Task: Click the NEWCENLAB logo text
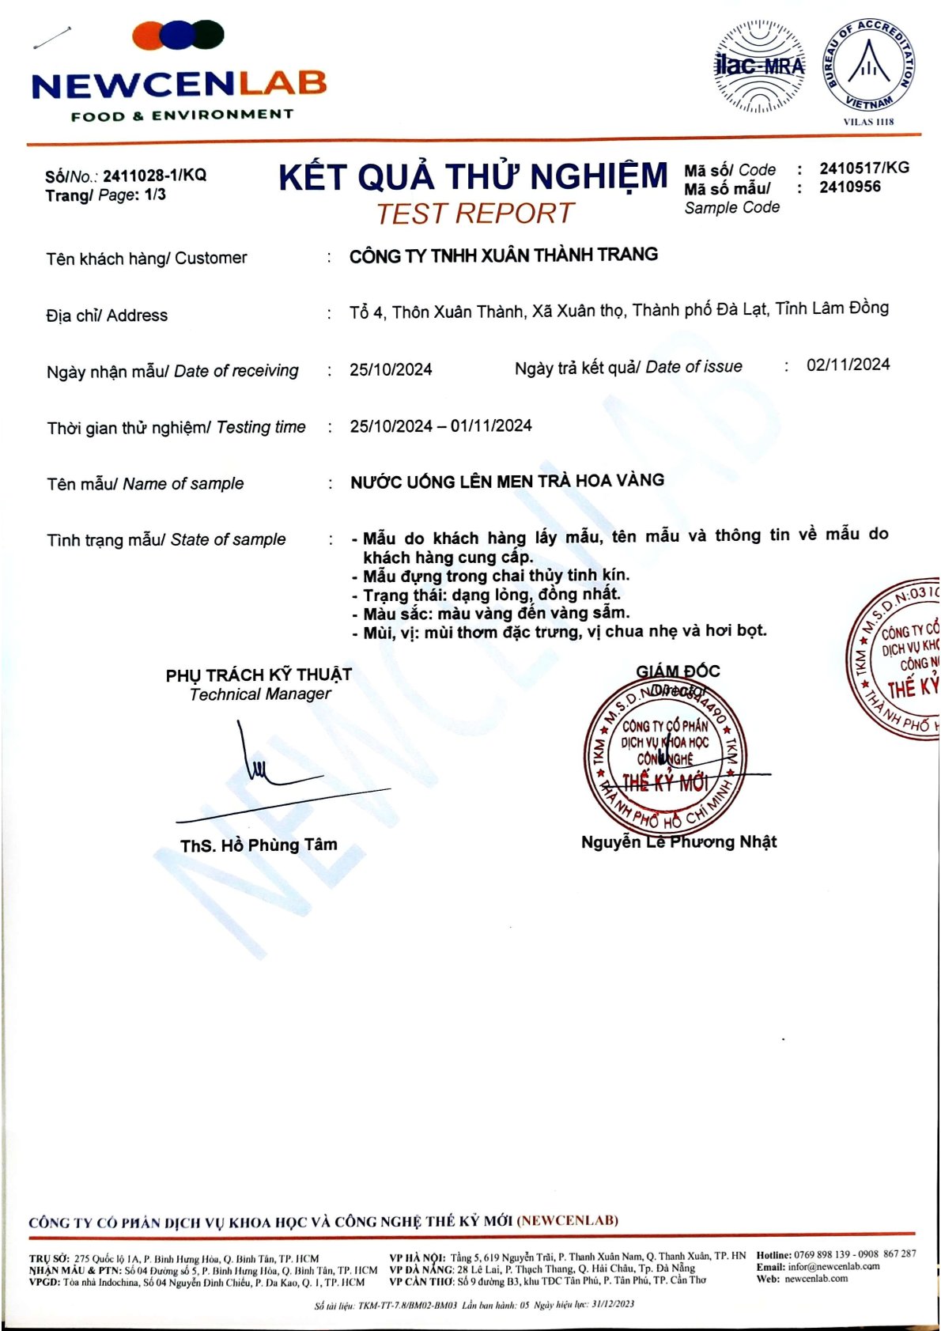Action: coord(179,84)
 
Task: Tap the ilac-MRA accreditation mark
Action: coord(759,66)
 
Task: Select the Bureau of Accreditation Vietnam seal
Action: coord(868,66)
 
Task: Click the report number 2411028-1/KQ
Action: coord(154,176)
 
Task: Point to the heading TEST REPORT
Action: coord(474,214)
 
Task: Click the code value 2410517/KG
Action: coord(864,168)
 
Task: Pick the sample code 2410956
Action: coord(850,187)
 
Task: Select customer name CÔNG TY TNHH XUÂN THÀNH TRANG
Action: coord(504,255)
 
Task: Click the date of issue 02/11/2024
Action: coord(848,365)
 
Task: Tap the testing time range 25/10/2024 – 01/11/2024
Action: coord(440,426)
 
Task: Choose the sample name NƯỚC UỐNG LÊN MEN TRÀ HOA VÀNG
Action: coord(507,481)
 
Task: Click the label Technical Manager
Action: coord(260,694)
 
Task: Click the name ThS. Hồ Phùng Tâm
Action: coord(259,845)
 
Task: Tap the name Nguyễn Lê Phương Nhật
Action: coord(678,841)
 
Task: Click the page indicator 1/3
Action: coord(155,195)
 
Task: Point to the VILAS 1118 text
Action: coord(868,122)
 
